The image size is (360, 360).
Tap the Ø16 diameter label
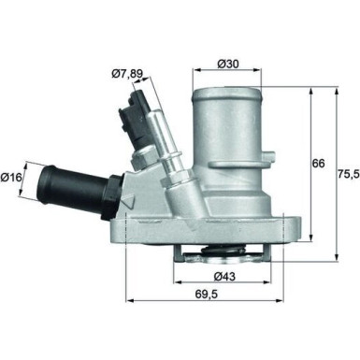(x=13, y=175)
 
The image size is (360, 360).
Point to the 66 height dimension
(x=318, y=164)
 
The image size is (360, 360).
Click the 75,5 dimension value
(x=347, y=175)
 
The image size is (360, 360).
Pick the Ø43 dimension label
(x=223, y=277)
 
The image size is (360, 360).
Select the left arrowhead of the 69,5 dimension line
(x=128, y=300)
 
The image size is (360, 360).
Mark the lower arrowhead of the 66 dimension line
(x=309, y=239)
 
